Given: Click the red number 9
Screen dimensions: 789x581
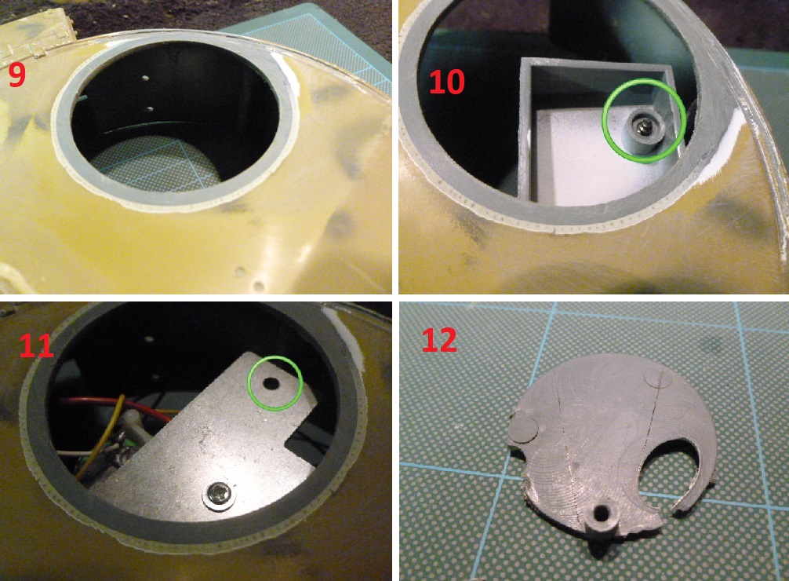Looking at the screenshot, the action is tap(16, 75).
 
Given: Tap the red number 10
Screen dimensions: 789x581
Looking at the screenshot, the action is tap(447, 82).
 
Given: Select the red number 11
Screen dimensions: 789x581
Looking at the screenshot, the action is tap(36, 345).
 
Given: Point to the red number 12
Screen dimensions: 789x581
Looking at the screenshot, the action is tap(438, 340).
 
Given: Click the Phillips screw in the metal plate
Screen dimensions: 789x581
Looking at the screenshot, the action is tap(220, 495).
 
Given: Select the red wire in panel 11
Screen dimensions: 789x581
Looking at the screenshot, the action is tap(116, 407).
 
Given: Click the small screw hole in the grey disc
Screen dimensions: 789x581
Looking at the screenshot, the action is tap(602, 514).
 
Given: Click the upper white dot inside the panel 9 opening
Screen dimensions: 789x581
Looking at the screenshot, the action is tap(145, 78).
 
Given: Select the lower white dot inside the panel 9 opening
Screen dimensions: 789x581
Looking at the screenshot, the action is tap(150, 108).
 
